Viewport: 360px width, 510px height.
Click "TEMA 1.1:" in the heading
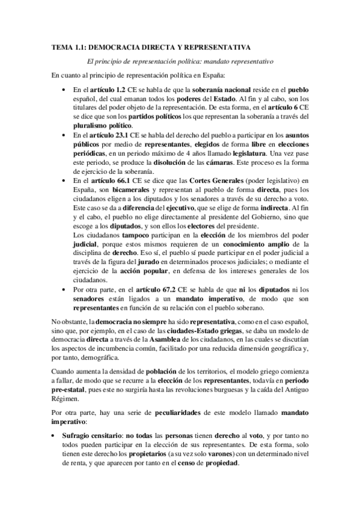click(x=69, y=46)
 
